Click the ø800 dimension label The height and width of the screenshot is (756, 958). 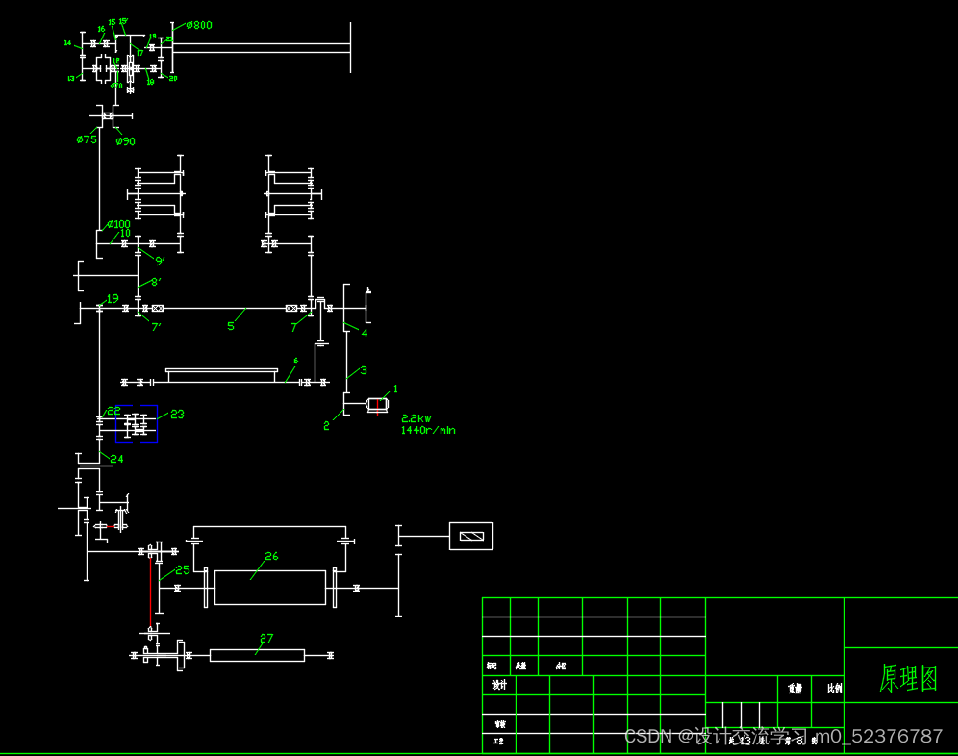[x=197, y=25]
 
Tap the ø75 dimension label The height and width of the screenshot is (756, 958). [x=87, y=139]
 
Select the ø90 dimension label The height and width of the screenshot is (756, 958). [x=125, y=141]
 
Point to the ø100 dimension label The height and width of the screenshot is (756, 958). [x=118, y=224]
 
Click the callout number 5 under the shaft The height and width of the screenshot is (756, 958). [x=231, y=326]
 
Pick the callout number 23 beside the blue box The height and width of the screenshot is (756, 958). [x=177, y=415]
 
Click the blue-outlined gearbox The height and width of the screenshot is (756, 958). [x=137, y=424]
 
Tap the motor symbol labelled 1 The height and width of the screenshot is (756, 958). [x=377, y=405]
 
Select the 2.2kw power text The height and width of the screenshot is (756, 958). [x=416, y=418]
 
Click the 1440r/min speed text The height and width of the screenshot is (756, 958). [x=428, y=430]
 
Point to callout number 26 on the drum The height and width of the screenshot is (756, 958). [x=271, y=556]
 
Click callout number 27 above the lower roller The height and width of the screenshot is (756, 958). [x=266, y=638]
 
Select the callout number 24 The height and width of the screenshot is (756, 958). [x=116, y=459]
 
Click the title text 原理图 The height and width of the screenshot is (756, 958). [x=908, y=678]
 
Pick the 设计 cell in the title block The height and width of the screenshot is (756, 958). [x=499, y=685]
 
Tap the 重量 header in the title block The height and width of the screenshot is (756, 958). [x=794, y=689]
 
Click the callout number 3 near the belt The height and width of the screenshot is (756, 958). [x=364, y=370]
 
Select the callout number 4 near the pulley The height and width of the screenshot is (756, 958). [x=365, y=333]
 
